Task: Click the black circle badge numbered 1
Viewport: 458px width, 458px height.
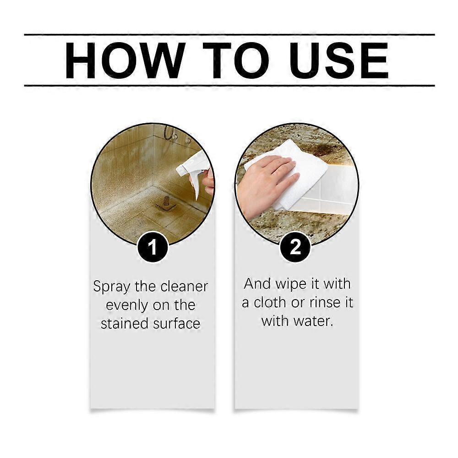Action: pos(153,248)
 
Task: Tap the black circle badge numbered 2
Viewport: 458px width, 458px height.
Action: pos(296,248)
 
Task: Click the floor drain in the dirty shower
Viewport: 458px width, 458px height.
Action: pos(166,202)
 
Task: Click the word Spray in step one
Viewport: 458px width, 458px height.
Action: pos(112,287)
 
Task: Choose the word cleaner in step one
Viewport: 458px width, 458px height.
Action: pos(184,287)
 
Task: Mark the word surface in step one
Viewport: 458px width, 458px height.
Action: pos(176,324)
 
